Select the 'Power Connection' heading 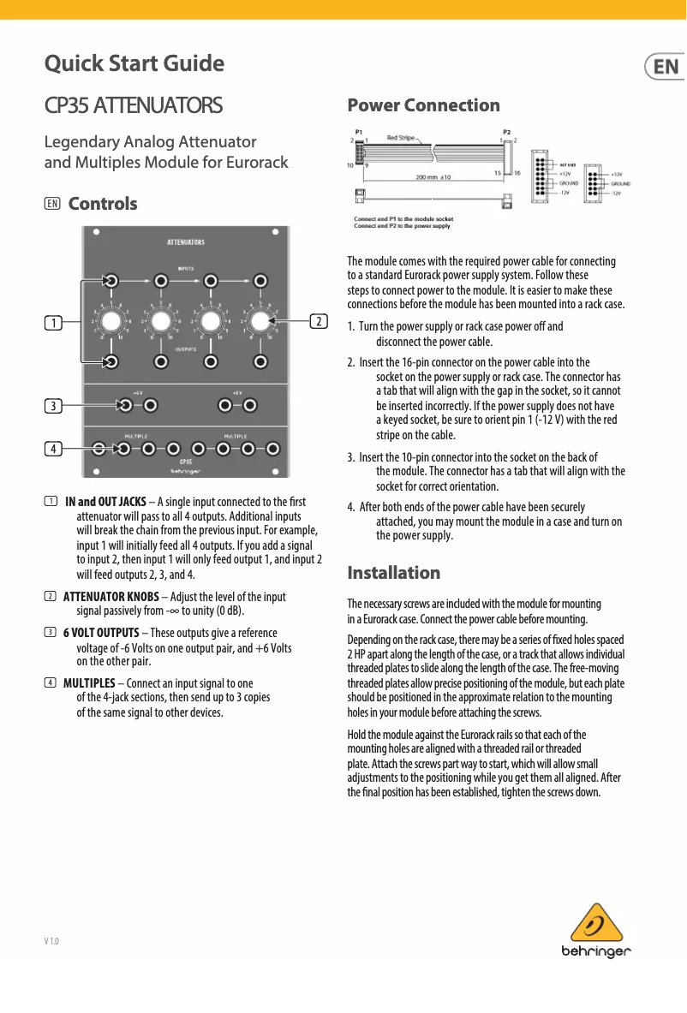pos(423,105)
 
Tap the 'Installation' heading pos(393,572)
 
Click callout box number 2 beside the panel pos(318,322)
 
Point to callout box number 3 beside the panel pos(53,405)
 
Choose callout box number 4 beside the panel pos(53,448)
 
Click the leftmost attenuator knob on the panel pos(111,322)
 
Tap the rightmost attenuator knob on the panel pos(261,322)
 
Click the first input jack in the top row pos(111,280)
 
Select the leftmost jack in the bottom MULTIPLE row pos(99,448)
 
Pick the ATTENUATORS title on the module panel pos(185,242)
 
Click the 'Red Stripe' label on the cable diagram pos(400,137)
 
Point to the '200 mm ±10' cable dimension pos(439,177)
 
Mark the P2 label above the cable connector pos(507,132)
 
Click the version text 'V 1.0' pos(51,941)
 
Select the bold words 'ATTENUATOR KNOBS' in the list pos(111,596)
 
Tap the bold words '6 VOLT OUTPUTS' pos(101,633)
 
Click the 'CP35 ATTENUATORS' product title pos(134,106)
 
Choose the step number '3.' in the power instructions pos(351,456)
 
